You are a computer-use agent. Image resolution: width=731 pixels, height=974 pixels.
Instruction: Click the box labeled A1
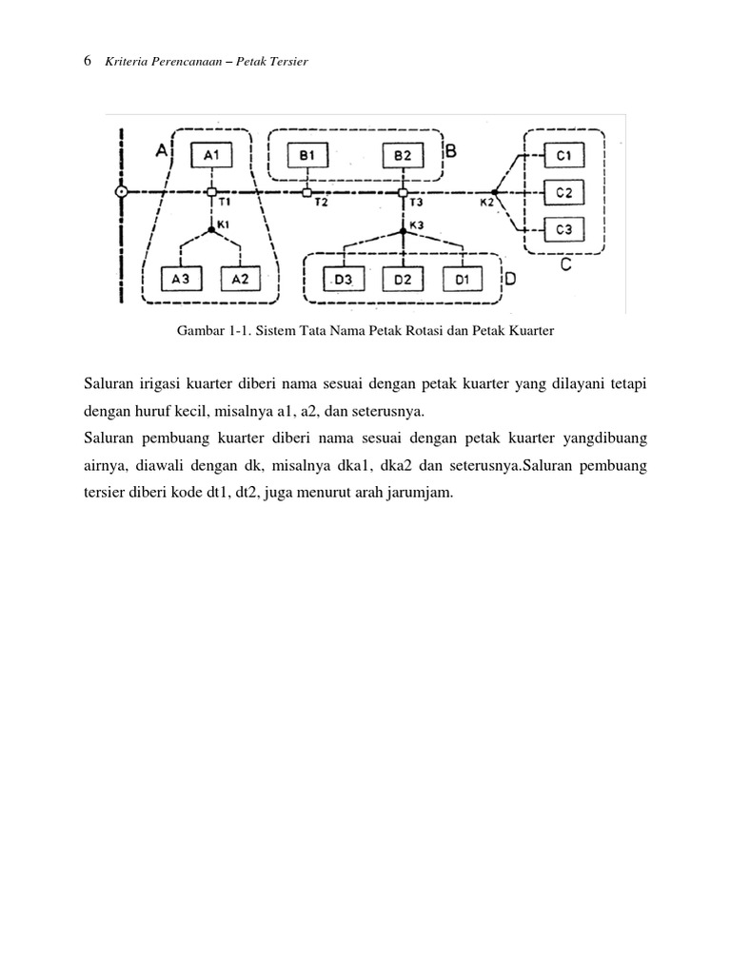coord(211,155)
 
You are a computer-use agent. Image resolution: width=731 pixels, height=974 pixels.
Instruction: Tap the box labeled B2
coord(403,155)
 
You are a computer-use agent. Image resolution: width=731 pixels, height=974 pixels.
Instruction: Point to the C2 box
coord(563,192)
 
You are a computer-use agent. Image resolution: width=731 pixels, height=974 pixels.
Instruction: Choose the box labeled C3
coord(563,229)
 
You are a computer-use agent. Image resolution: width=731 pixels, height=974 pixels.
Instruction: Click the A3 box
coord(181,279)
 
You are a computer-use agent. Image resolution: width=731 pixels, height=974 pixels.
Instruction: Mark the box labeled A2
coord(241,279)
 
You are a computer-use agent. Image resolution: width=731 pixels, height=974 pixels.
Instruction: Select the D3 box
coord(344,279)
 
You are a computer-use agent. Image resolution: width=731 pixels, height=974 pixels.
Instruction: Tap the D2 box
coord(403,279)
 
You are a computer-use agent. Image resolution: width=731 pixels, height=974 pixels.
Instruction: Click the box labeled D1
coord(463,279)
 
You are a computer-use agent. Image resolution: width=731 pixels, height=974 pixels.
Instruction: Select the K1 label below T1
coord(225,224)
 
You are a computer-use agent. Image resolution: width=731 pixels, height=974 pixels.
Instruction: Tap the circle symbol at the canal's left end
coord(121,192)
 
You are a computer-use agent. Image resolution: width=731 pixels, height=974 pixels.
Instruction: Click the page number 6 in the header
coord(88,61)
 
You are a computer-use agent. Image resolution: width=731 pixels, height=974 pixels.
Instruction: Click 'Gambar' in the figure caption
coord(199,332)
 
